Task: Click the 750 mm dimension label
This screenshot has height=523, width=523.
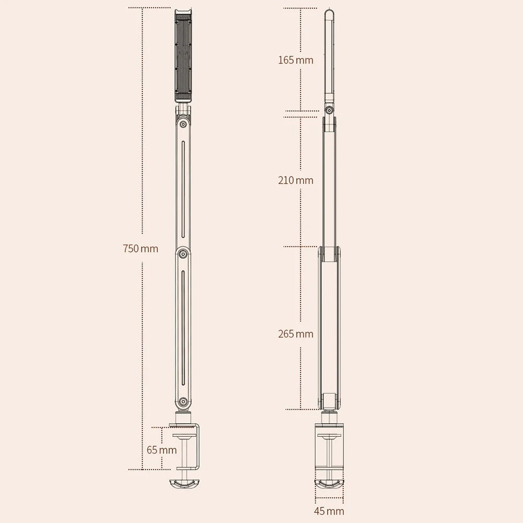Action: point(141,249)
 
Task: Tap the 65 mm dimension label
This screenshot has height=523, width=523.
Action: point(161,449)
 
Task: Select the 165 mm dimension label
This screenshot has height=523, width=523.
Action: point(296,60)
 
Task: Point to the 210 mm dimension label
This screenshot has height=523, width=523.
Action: point(296,180)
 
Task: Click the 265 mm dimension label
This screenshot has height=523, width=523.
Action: point(296,334)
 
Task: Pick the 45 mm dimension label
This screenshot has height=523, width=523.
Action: point(329,511)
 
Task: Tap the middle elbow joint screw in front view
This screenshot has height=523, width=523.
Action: point(183,254)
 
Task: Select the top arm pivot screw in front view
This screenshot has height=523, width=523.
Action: point(183,124)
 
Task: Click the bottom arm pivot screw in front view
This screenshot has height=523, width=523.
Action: point(183,401)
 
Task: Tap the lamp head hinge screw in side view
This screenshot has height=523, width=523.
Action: point(329,110)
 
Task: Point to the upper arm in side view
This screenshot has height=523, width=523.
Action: point(329,180)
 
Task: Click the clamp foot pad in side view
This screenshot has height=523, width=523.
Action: point(329,484)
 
